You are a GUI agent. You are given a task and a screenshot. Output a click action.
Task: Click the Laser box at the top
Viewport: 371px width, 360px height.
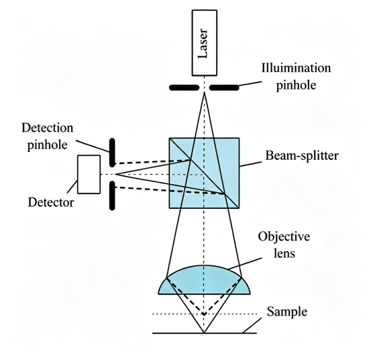point(205,43)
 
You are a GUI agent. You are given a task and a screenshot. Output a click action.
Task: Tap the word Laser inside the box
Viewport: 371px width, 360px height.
point(203,44)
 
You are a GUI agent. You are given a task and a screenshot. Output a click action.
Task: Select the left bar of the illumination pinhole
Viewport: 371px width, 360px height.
point(184,87)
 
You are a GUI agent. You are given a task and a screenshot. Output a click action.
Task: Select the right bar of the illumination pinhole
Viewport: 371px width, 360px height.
point(224,87)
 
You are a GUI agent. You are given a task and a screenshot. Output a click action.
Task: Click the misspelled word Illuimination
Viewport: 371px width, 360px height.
point(296,68)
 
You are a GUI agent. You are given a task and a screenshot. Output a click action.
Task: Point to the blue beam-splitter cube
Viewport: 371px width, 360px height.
point(204,173)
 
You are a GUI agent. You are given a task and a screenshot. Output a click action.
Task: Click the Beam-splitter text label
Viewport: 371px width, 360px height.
point(302,156)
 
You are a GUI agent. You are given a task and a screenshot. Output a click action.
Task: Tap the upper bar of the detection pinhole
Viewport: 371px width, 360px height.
point(112,152)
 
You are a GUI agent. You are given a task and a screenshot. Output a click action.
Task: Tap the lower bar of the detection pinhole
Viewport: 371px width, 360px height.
point(112,195)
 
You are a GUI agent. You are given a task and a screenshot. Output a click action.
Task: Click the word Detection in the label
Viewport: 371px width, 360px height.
point(48,128)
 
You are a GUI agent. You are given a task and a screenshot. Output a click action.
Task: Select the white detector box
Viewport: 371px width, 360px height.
point(89,175)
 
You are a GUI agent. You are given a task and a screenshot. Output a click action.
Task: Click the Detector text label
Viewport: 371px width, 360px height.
point(51,203)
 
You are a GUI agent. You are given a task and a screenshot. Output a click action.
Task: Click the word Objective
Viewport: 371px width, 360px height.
point(284,236)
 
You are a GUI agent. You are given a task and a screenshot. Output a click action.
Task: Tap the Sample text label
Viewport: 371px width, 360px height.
point(287,312)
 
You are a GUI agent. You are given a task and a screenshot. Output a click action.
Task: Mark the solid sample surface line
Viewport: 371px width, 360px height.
point(205,333)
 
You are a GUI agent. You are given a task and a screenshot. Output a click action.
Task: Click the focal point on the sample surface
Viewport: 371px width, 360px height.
point(204,332)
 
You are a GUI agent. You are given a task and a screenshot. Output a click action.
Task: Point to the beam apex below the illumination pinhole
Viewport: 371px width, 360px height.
point(205,93)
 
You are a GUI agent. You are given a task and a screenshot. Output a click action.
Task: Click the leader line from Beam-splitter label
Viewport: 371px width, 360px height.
point(250,164)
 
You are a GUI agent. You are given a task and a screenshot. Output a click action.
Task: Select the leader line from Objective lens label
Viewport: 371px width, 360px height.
point(245,263)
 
